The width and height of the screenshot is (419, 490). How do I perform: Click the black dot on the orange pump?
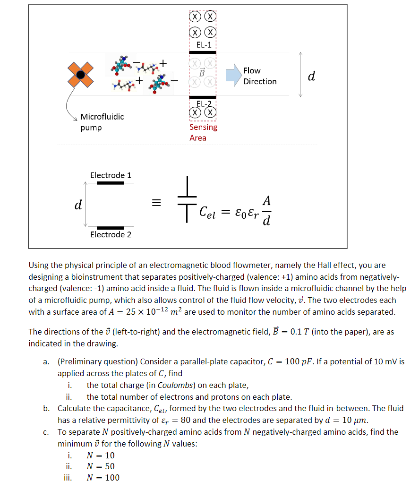coord(81,75)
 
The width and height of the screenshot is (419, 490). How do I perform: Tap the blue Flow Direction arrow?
coord(232,76)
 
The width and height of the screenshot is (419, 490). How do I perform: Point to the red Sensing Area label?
coord(203,132)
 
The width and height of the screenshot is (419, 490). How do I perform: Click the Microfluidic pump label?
coord(102,122)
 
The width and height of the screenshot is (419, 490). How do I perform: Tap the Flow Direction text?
coord(260,76)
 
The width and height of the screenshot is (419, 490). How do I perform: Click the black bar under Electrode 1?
coord(111,182)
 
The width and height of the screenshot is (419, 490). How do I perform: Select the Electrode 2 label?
coord(111,234)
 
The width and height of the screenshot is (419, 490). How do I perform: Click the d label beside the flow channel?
coord(311,75)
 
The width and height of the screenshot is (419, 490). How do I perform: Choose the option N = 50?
coord(101,466)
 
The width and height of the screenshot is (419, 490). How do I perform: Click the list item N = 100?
coord(103,477)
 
